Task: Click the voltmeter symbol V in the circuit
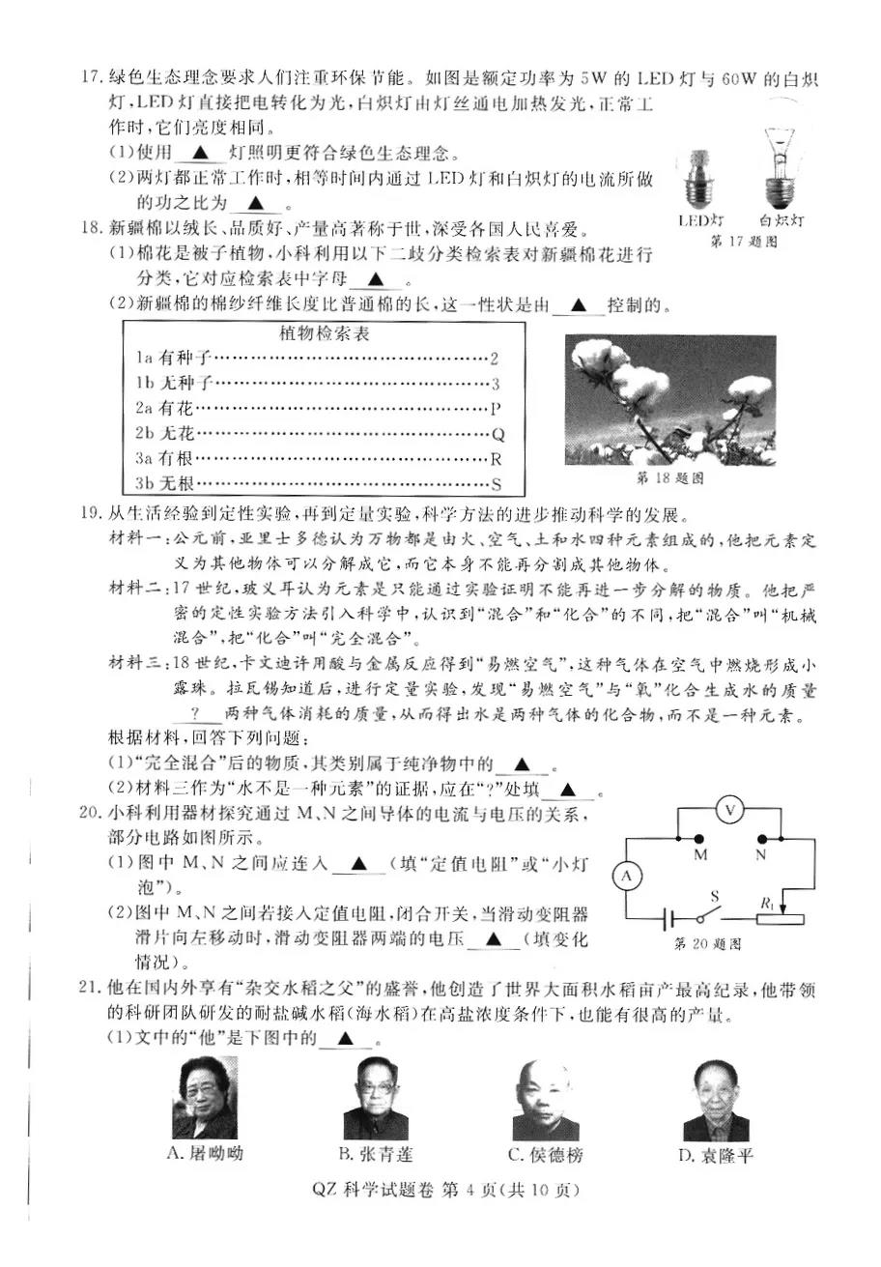click(x=731, y=808)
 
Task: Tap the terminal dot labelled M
click(x=701, y=837)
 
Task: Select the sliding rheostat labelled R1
click(x=782, y=913)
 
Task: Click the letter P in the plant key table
click(x=496, y=408)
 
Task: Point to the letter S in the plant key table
click(x=497, y=483)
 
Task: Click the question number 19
click(x=92, y=511)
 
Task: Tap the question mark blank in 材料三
click(x=194, y=713)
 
